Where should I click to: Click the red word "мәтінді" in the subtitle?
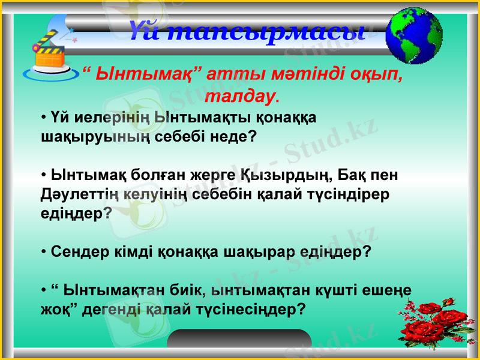(x=278, y=76)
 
